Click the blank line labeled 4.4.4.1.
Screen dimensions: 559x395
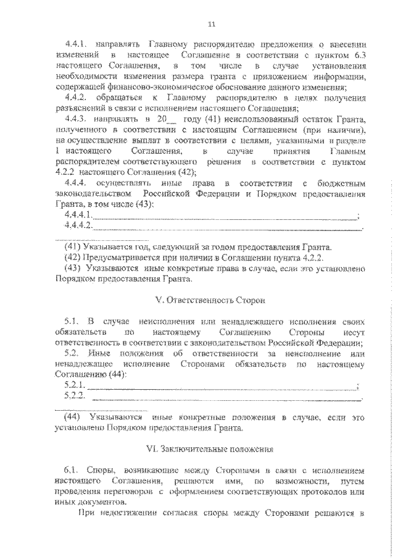(x=225, y=216)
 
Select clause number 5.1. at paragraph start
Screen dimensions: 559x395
(x=73, y=322)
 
